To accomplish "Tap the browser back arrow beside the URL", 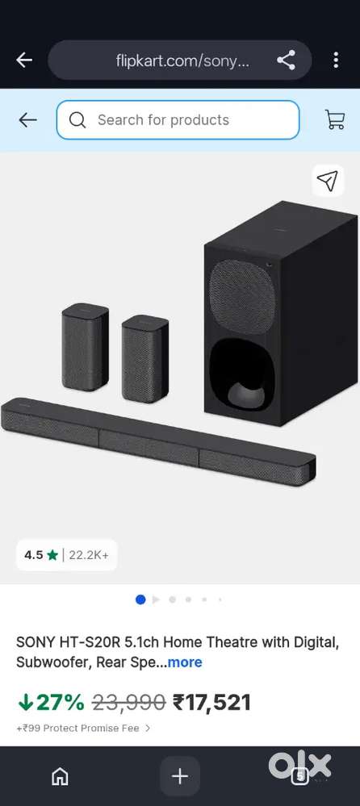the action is point(24,61).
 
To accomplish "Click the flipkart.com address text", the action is point(182,61).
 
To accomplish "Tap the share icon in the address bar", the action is point(286,61).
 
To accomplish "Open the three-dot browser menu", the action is point(335,61).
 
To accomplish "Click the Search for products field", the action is point(178,119).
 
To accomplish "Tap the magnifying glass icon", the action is point(77,120).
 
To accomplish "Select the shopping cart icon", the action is point(335,119).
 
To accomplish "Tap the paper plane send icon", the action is point(328,180).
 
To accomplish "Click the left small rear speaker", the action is point(85,347).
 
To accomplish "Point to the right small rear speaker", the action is point(145,358).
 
